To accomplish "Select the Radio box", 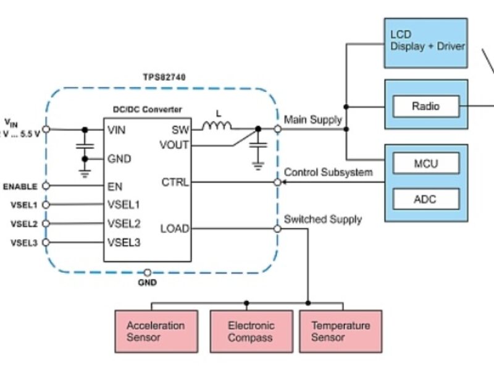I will point(426,106).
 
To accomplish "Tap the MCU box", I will point(426,164).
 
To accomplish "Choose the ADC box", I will point(426,199).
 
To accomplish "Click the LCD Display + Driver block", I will point(426,40).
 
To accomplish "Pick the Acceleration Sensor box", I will point(156,331).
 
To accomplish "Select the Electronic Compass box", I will point(250,331).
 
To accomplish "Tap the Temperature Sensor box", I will point(340,331).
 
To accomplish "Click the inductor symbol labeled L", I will point(217,126).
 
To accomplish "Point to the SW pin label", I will point(180,130).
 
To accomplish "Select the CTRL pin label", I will point(175,183).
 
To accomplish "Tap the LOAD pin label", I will point(174,229).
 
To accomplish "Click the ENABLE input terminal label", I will point(20,186).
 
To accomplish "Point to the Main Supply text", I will point(312,119).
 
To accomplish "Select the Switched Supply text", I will point(322,220).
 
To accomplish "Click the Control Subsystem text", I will point(328,173).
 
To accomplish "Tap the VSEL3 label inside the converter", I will point(124,242).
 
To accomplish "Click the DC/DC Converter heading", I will point(147,109).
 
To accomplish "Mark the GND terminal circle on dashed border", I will point(148,272).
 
